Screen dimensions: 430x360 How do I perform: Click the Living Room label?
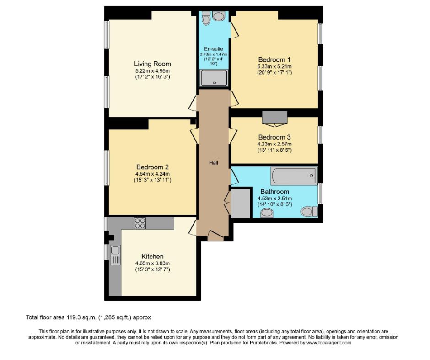152,64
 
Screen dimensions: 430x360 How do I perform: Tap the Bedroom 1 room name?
274,59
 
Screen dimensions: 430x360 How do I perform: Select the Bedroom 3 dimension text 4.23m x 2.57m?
274,144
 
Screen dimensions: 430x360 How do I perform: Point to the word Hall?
214,162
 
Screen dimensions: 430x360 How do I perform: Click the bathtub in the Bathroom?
294,176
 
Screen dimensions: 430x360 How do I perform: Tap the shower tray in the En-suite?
214,78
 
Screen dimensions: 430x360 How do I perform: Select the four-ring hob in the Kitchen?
140,223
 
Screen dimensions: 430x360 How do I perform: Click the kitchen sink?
115,255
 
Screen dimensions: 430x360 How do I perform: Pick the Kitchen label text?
152,257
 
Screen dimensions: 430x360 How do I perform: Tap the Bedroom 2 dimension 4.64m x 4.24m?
152,174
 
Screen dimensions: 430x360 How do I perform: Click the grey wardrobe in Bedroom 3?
274,118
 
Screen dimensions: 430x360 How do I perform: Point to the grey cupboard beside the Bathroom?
241,204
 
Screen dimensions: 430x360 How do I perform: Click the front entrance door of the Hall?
216,236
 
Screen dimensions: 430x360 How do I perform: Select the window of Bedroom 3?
320,134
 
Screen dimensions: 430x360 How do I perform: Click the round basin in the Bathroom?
267,213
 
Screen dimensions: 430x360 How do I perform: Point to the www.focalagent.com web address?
329,343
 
